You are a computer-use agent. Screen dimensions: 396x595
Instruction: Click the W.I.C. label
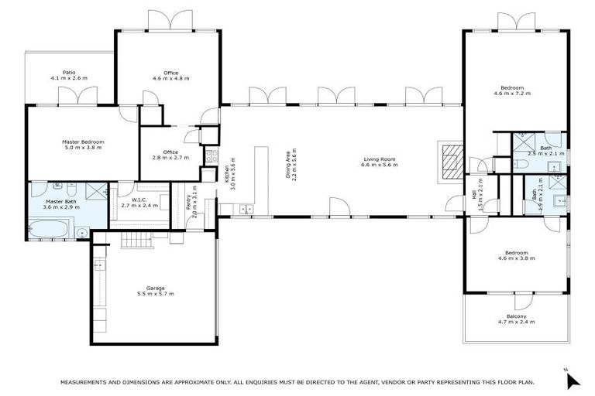click(139, 200)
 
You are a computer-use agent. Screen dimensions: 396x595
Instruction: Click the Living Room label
click(380, 159)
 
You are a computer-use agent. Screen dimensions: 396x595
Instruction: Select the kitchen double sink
click(246, 209)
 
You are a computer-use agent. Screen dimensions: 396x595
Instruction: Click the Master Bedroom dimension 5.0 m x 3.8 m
click(83, 148)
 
